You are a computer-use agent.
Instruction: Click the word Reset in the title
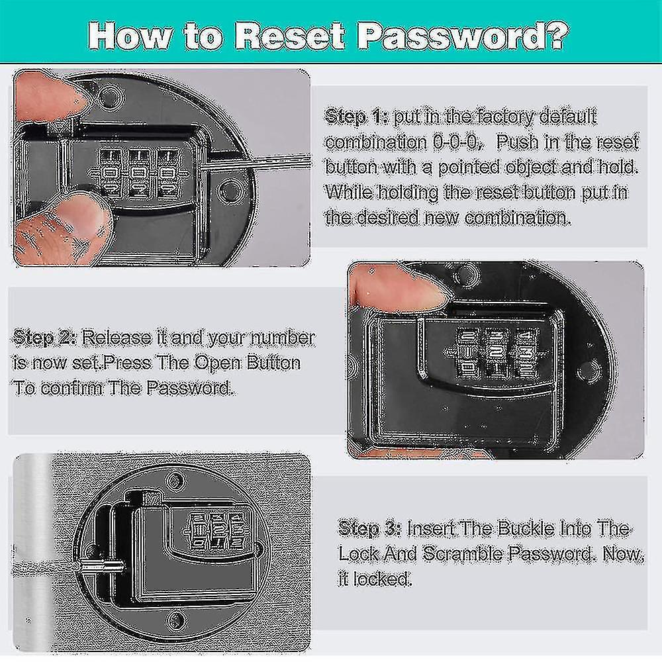tap(290, 35)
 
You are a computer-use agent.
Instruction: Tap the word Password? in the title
tap(463, 35)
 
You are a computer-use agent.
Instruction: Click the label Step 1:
tap(356, 117)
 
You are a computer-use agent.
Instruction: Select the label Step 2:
tap(45, 338)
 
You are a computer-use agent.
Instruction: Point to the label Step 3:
tap(369, 528)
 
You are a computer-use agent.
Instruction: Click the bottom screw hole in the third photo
tap(175, 620)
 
